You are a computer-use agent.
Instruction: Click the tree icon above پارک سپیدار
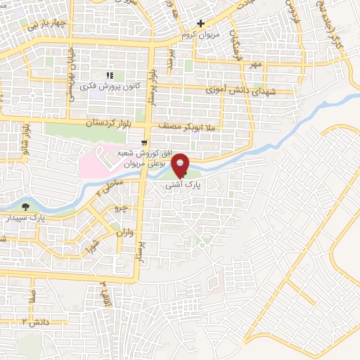pyautogui.click(x=26, y=207)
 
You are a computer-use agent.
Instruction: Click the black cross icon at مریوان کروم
pyautogui.click(x=200, y=24)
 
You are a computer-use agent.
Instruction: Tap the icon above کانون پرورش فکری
pyautogui.click(x=109, y=75)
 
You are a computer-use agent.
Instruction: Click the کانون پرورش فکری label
pyautogui.click(x=109, y=86)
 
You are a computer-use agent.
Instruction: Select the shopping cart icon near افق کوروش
pyautogui.click(x=144, y=139)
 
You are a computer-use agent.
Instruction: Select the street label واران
pyautogui.click(x=122, y=231)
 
